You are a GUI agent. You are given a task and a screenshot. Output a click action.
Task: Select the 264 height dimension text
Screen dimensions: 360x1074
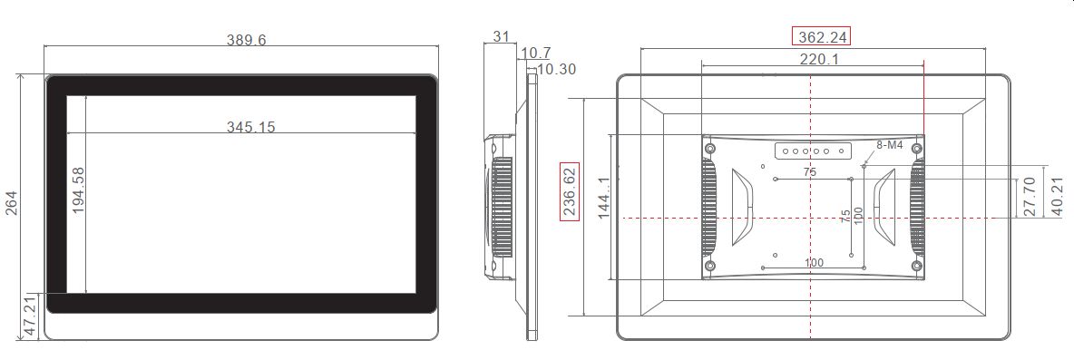[x=12, y=206]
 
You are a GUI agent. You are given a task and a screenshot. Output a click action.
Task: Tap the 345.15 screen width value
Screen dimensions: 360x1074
[x=251, y=127]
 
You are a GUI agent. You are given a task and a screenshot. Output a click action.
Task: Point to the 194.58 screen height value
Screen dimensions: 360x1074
[x=78, y=190]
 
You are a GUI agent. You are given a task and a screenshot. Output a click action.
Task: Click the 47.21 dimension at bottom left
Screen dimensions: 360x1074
[x=28, y=316]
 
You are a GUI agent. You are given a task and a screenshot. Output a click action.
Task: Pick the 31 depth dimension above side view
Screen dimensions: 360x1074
[x=501, y=36]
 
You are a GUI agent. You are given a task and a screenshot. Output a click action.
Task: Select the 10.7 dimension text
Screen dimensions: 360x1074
[x=535, y=54]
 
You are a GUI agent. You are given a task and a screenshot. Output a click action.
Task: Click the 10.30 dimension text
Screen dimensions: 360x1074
[x=555, y=69]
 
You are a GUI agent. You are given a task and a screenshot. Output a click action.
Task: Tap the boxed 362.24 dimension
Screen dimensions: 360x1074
[x=823, y=37]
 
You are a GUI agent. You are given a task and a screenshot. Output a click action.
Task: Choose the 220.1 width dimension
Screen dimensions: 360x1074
[x=818, y=59]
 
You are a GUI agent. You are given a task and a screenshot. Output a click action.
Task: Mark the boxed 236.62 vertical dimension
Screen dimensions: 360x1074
[x=570, y=191]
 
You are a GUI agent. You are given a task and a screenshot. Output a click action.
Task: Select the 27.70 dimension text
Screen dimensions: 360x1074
[x=1027, y=196]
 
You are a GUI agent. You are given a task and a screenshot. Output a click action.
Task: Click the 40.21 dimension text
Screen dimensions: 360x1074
[x=1056, y=196]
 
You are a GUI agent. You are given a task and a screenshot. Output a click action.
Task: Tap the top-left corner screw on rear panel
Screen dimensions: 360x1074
[x=710, y=147]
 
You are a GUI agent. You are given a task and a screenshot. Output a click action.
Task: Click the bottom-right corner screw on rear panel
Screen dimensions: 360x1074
[x=917, y=266]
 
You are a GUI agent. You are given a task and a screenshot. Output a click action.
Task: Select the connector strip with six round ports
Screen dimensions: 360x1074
[x=812, y=151]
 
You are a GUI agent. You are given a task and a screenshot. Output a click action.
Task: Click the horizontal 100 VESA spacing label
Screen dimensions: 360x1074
[x=814, y=262]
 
